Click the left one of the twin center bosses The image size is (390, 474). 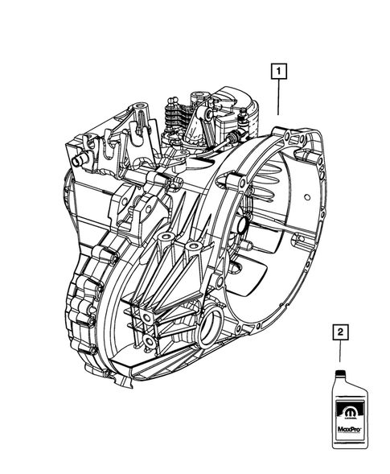165,239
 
